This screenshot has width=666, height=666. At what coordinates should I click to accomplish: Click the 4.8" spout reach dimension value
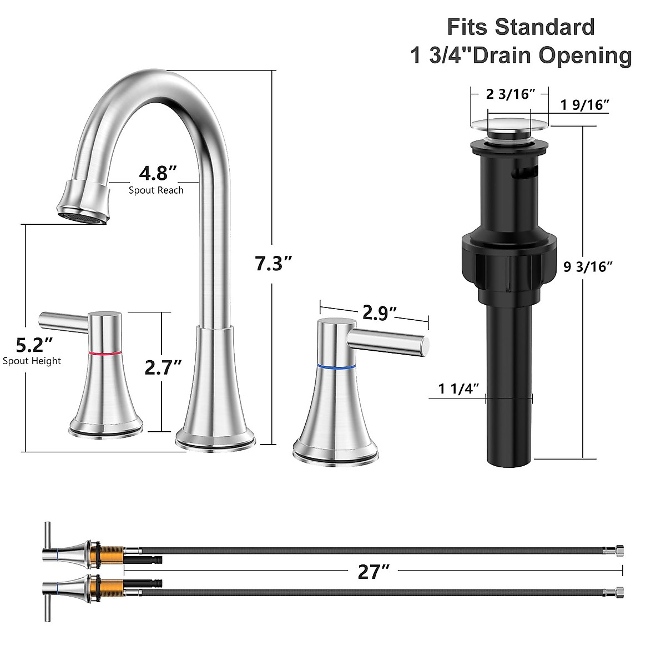click(x=158, y=173)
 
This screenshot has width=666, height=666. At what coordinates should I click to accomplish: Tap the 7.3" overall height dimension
click(x=273, y=263)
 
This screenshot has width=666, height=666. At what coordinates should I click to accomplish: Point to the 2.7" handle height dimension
click(x=163, y=367)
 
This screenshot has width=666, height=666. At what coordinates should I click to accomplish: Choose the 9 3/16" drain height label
click(x=588, y=267)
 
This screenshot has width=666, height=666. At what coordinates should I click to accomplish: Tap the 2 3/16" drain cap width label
click(x=510, y=94)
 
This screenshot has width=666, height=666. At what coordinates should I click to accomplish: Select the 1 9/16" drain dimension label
click(x=585, y=105)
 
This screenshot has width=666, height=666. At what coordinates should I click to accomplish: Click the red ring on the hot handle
click(x=104, y=352)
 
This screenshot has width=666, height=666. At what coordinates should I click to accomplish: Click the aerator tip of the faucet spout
click(x=83, y=216)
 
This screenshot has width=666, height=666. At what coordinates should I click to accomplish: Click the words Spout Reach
click(x=156, y=190)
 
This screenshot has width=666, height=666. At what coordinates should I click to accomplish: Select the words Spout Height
click(x=32, y=361)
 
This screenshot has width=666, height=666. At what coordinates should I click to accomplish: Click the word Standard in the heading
click(x=544, y=27)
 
